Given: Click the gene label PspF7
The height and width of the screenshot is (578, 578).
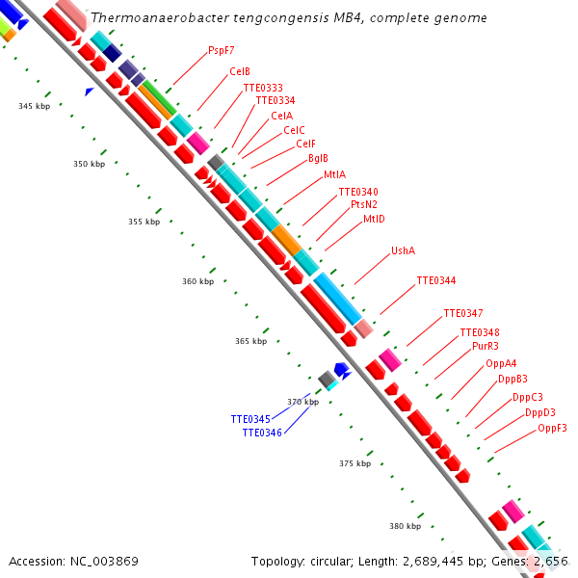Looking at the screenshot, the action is click(221, 50).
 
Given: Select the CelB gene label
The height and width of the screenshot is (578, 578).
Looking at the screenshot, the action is click(240, 72).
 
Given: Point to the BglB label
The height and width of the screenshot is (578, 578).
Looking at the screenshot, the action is click(318, 159).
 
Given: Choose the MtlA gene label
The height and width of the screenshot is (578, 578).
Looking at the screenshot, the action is click(334, 175).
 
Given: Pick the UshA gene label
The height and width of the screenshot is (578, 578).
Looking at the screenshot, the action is click(403, 250).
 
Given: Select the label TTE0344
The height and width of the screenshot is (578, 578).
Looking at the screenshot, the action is click(436, 280).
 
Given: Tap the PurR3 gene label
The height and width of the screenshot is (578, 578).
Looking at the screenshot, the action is click(486, 346).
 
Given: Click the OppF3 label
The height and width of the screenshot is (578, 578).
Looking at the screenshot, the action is click(552, 428).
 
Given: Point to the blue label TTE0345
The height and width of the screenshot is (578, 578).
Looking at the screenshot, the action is click(250, 420).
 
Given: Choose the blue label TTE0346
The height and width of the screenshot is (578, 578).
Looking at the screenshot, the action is click(262, 433).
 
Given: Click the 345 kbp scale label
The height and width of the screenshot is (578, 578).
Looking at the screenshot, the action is click(34, 106).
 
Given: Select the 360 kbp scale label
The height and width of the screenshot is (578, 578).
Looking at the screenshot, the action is click(197, 281).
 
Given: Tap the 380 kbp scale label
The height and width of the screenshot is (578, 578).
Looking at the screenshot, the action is click(405, 526).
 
